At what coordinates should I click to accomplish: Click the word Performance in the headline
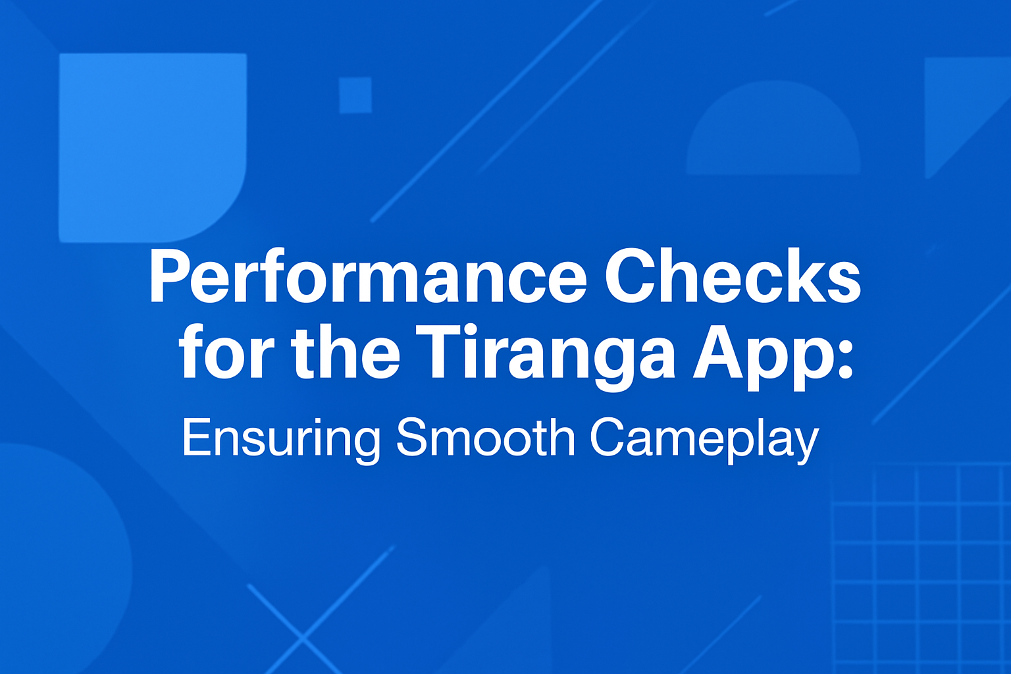(367, 276)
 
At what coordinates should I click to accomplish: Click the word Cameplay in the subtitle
(704, 438)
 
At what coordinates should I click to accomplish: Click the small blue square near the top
(355, 95)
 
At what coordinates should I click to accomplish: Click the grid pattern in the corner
(921, 566)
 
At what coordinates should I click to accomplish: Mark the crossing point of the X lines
(303, 637)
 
